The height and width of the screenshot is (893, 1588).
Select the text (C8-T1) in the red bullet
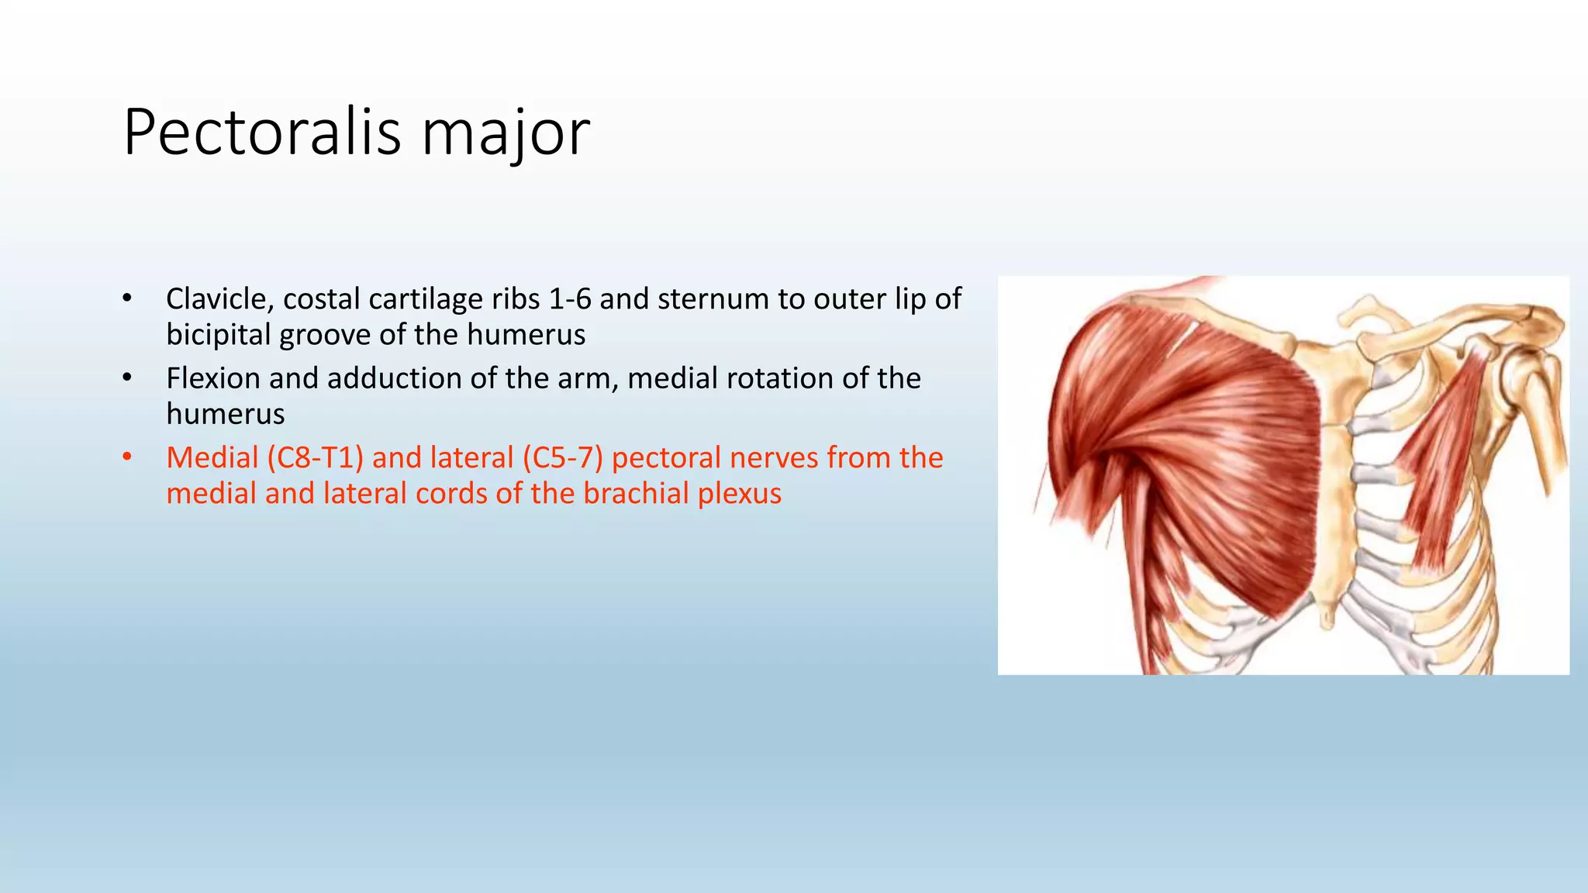pyautogui.click(x=315, y=457)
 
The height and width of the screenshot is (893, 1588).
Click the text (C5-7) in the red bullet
pyautogui.click(x=562, y=457)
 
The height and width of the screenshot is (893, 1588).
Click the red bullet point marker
pyautogui.click(x=127, y=457)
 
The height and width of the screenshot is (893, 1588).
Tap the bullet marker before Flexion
pyautogui.click(x=127, y=378)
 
